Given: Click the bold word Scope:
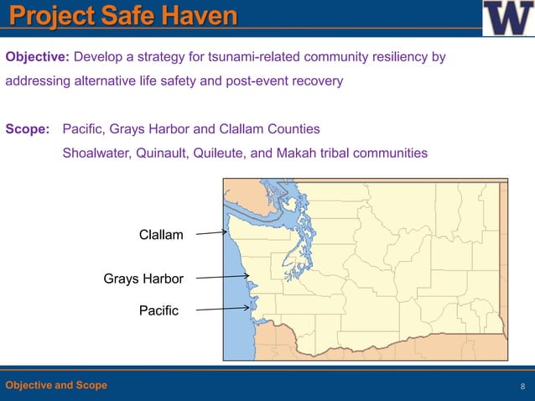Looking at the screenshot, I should coord(28,129).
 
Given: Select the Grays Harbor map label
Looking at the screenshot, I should coord(143,278).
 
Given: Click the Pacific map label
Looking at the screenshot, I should coord(158,311).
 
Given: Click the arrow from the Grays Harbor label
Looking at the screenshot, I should coord(222,276).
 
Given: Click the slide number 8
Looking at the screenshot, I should coord(522,386).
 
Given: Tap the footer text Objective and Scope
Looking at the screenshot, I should coord(56,385).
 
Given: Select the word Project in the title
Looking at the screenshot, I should coord(52,15).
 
